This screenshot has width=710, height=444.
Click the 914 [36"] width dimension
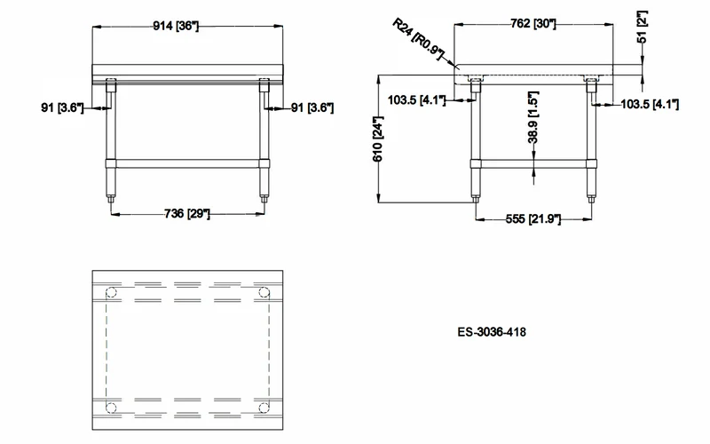click(176, 26)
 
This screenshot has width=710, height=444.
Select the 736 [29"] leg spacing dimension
click(187, 213)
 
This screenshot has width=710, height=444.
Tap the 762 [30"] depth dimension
click(533, 24)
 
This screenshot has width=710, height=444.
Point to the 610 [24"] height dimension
click(378, 139)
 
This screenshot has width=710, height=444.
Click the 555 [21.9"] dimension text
click(533, 219)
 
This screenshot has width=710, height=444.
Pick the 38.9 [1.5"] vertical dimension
click(533, 117)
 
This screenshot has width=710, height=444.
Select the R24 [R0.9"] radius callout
click(417, 39)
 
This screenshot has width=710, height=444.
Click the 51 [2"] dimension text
click(642, 28)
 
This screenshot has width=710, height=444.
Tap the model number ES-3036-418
click(492, 332)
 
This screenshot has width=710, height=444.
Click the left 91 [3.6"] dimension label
click(62, 107)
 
